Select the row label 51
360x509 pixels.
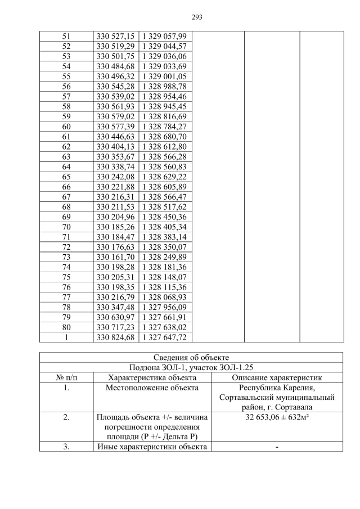point(66,37)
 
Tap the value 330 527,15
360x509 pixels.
point(115,37)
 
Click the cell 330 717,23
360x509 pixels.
point(115,327)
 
